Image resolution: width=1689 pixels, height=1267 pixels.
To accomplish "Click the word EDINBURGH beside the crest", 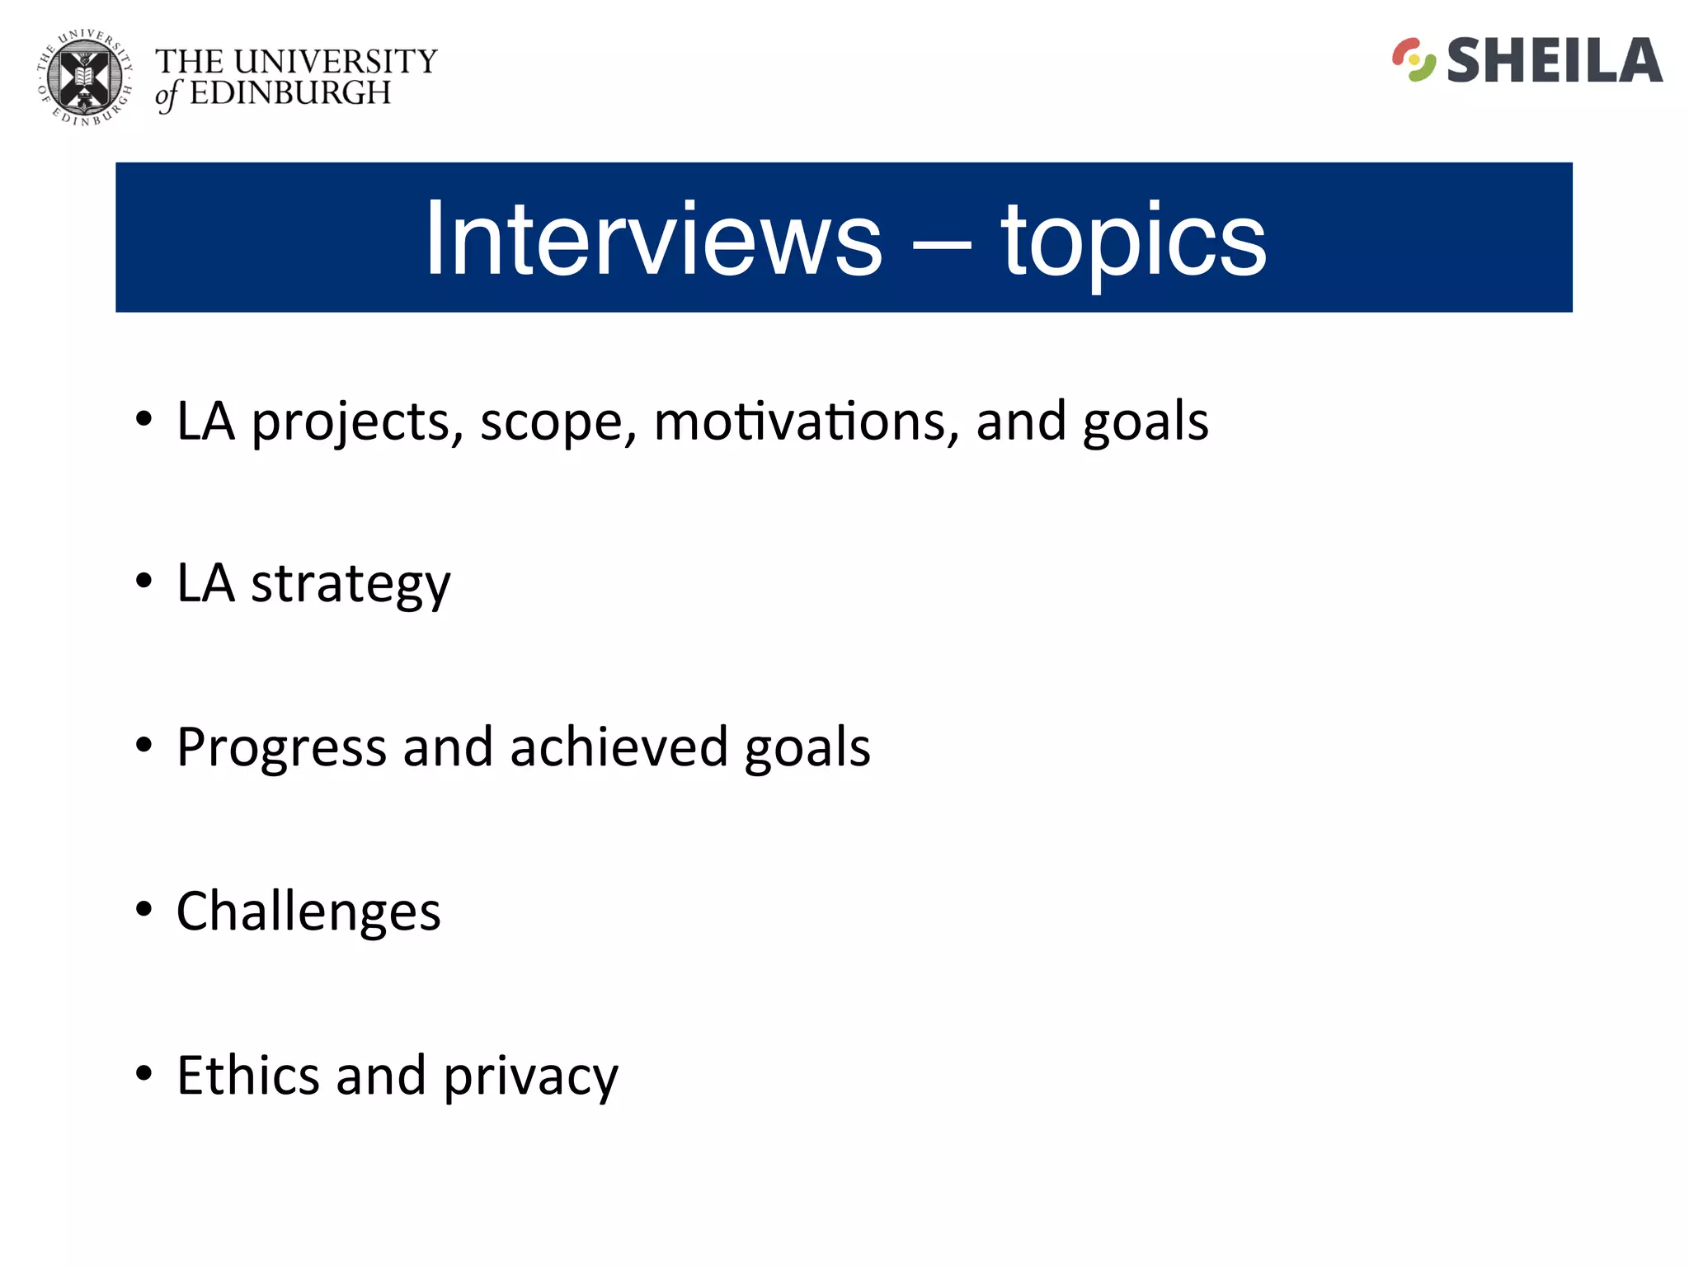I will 290,93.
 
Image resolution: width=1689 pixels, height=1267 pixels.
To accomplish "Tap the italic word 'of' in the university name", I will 167,96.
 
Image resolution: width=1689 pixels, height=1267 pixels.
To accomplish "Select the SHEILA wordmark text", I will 1554,61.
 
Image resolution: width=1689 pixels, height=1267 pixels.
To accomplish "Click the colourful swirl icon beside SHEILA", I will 1414,60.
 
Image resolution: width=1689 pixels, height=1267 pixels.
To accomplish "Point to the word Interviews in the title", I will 653,239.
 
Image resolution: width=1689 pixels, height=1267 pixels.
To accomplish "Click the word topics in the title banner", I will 1133,241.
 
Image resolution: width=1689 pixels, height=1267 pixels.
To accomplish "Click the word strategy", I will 351,585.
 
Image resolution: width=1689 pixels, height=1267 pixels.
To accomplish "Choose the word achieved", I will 619,747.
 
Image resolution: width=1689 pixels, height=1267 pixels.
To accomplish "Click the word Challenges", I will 308,911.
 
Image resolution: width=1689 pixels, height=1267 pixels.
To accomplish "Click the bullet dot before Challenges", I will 144,909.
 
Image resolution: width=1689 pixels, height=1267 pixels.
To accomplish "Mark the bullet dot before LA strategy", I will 144,581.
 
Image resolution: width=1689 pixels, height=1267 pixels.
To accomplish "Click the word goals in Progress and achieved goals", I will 807,748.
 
